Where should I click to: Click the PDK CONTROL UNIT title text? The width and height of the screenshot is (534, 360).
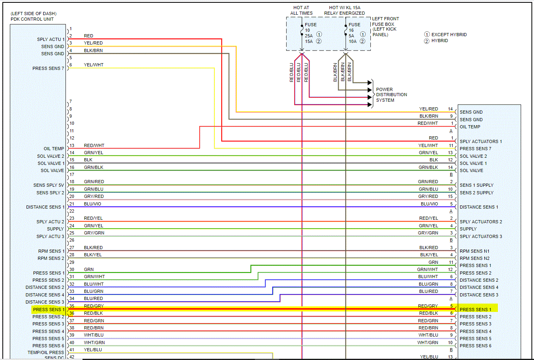click(x=32, y=19)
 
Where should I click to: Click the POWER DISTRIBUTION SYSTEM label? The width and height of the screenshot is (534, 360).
click(x=391, y=95)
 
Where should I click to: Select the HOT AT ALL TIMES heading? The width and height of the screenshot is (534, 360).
click(x=301, y=10)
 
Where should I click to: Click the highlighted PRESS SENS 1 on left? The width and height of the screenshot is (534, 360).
click(x=48, y=310)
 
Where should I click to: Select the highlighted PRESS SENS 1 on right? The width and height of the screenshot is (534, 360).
click(x=475, y=310)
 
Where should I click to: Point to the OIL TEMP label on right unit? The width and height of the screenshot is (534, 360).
click(x=470, y=127)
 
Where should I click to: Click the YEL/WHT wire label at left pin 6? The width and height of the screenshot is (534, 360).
click(x=93, y=65)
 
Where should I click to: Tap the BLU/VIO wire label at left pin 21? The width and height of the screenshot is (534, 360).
click(x=92, y=204)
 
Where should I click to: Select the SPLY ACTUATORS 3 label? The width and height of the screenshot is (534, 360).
click(x=480, y=236)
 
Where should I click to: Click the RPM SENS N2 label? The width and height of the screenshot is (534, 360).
click(x=474, y=258)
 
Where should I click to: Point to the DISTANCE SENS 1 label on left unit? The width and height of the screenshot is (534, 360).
click(x=45, y=207)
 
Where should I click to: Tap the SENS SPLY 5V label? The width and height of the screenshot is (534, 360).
click(x=48, y=185)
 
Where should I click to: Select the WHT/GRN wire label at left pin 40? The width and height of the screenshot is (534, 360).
click(x=94, y=343)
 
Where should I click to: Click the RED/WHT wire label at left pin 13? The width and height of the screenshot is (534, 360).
click(x=94, y=145)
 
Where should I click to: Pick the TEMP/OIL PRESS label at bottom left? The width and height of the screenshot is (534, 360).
click(x=46, y=352)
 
